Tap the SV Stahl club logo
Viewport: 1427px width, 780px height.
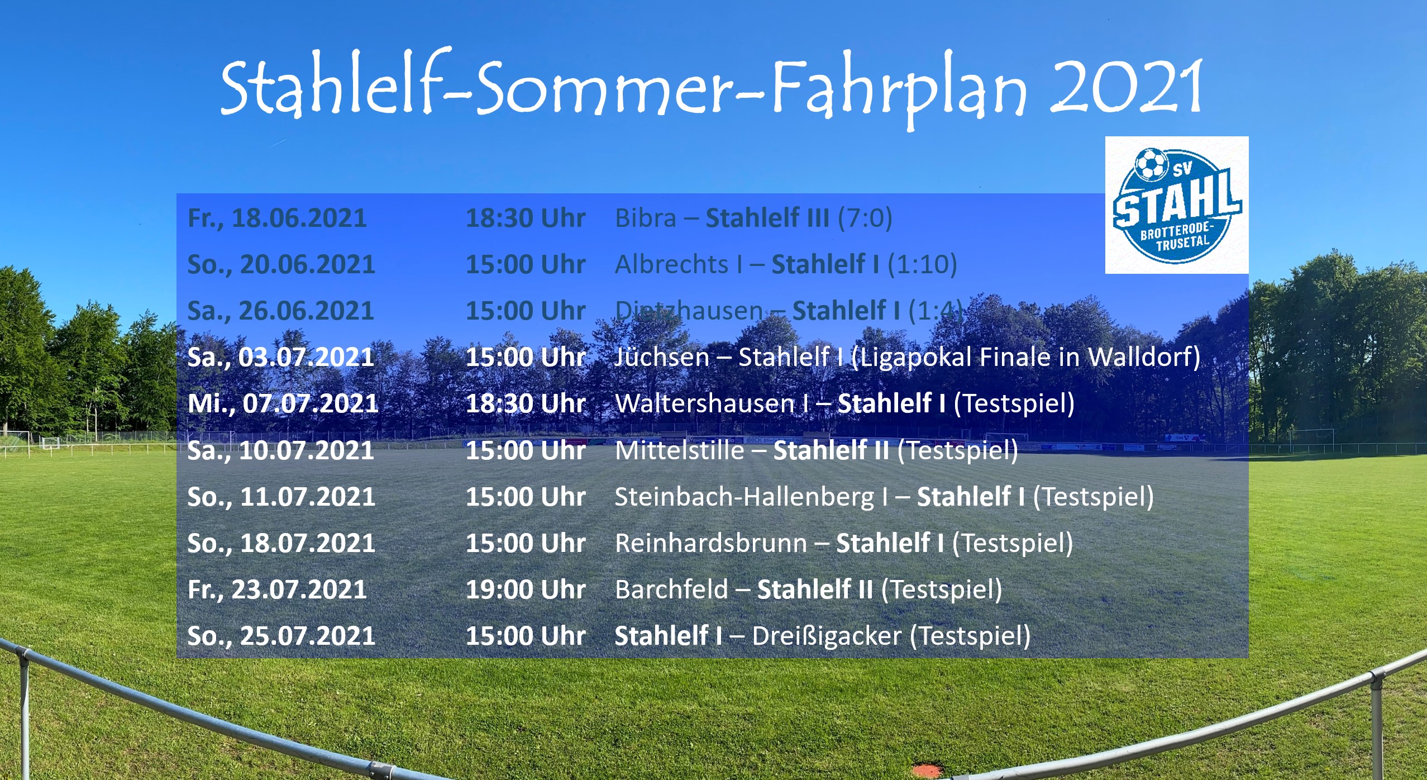1177,205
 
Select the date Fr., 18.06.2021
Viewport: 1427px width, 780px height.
277,218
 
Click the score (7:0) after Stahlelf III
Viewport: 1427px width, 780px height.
865,218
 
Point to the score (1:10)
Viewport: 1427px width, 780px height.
922,264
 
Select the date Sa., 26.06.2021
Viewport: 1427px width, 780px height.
280,311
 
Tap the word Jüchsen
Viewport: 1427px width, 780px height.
662,357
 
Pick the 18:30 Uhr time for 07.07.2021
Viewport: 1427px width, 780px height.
526,403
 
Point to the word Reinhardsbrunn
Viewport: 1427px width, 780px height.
711,543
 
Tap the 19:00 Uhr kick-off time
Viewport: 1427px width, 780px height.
526,589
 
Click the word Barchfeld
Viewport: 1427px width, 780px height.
672,589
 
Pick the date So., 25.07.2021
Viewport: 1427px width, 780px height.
281,636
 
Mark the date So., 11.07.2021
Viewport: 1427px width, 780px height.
281,497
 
